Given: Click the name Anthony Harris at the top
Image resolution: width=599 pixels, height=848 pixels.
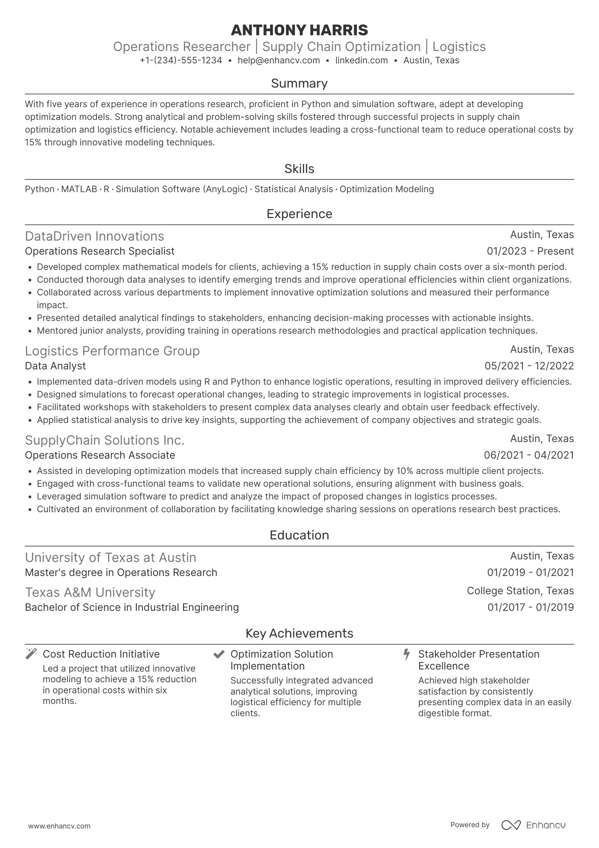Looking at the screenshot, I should (x=299, y=30).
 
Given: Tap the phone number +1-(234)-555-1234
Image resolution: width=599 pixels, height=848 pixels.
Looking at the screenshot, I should (x=181, y=60).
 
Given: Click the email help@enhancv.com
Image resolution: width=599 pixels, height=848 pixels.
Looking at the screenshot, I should (x=279, y=60).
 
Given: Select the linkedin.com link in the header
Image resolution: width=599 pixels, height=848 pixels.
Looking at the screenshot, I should (x=362, y=60).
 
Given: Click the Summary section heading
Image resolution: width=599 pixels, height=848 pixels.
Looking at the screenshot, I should (x=299, y=83).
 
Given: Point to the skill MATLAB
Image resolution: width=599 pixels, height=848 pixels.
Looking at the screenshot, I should (x=79, y=189).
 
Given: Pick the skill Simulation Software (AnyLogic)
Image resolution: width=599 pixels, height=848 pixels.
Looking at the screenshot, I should (x=181, y=189).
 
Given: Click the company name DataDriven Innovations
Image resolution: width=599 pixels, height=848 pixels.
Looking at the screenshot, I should (x=94, y=236).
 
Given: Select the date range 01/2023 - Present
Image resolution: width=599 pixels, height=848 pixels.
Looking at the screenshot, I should (x=530, y=251).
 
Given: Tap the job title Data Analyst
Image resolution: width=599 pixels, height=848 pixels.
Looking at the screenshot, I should (x=55, y=366).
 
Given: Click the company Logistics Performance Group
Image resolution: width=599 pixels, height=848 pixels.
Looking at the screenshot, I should (x=112, y=351).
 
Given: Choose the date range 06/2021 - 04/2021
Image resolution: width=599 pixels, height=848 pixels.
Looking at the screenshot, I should (x=528, y=455).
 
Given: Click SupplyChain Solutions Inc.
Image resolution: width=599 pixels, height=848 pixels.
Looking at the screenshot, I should (x=105, y=440).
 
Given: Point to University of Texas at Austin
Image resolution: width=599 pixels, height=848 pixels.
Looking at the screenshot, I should (x=110, y=558).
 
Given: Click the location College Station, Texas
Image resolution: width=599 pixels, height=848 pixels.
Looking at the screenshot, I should (x=520, y=591).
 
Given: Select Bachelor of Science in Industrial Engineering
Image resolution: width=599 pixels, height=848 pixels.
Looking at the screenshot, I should (x=132, y=607).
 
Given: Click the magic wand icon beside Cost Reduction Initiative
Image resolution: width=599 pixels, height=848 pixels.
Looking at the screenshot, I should (x=31, y=654).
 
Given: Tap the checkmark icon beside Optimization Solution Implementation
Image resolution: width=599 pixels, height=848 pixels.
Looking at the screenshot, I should (x=219, y=654).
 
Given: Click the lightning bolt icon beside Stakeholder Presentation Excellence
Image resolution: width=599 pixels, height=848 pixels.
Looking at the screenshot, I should (x=407, y=654).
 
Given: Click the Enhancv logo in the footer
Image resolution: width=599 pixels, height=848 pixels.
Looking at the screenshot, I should (x=534, y=825).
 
